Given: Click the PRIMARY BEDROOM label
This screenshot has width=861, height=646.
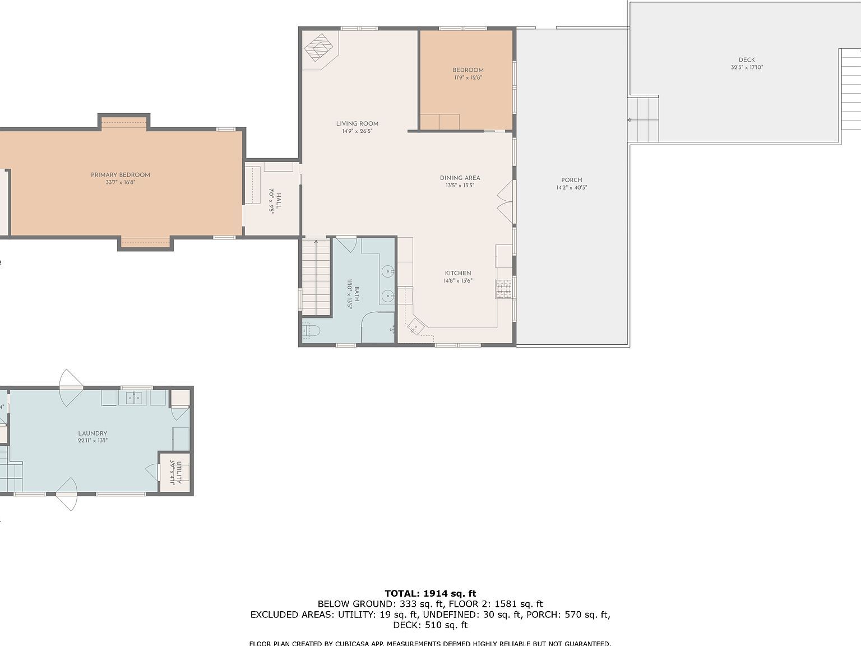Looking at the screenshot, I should pyautogui.click(x=121, y=175).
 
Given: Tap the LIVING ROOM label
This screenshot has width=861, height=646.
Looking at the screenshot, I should pyautogui.click(x=357, y=124).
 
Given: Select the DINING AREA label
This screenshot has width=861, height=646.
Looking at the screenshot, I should pyautogui.click(x=460, y=178).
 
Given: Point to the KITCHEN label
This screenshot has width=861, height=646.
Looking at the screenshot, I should pyautogui.click(x=458, y=274).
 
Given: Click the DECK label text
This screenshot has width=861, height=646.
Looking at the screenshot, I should pyautogui.click(x=746, y=60).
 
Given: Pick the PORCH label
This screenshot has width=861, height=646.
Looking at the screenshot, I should pyautogui.click(x=571, y=181).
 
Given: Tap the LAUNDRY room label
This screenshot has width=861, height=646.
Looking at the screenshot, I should pyautogui.click(x=92, y=433).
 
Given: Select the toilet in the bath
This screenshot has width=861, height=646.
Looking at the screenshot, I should pyautogui.click(x=311, y=331).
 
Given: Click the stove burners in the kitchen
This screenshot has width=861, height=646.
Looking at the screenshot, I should pyautogui.click(x=503, y=288).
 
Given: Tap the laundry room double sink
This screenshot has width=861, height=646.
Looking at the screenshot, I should pyautogui.click(x=133, y=398).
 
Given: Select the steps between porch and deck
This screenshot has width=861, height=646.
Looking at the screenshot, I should pyautogui.click(x=644, y=120).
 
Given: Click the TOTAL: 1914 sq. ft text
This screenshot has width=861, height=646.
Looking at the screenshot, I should pyautogui.click(x=430, y=593).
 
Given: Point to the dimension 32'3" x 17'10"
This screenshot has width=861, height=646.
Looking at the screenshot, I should pyautogui.click(x=746, y=68).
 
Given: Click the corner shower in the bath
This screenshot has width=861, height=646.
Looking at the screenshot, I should pyautogui.click(x=377, y=329).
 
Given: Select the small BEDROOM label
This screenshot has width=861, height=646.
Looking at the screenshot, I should pyautogui.click(x=468, y=71).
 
